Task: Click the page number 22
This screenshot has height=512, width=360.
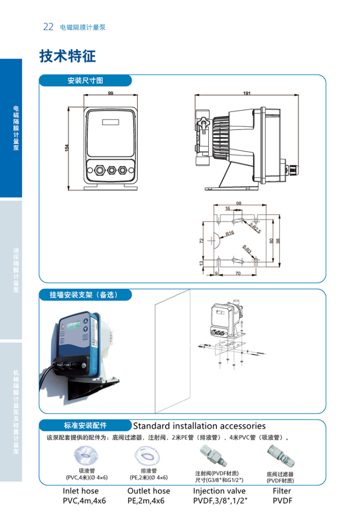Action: click(x=48, y=27)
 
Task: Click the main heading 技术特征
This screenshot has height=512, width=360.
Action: click(x=68, y=56)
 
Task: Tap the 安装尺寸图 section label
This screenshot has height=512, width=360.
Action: click(x=85, y=80)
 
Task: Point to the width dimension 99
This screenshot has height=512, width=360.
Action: click(x=110, y=94)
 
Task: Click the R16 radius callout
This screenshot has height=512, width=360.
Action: click(x=229, y=233)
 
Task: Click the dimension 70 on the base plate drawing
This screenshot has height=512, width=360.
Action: click(x=238, y=274)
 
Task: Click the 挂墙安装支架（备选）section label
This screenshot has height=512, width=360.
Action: click(x=84, y=295)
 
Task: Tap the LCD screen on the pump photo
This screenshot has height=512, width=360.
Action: click(x=73, y=326)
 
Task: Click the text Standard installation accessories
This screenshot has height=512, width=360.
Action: click(x=199, y=426)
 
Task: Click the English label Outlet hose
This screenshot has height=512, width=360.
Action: click(x=148, y=491)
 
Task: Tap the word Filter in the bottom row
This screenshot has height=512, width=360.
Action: click(x=282, y=491)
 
